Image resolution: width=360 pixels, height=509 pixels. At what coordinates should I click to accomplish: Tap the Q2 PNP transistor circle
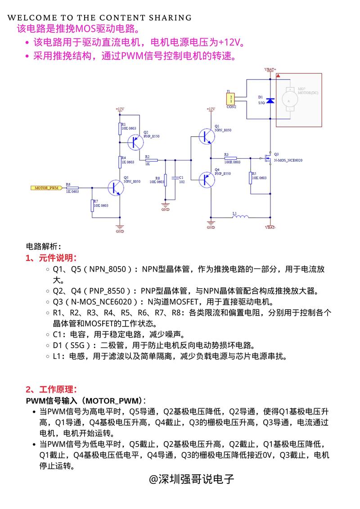coord(135,143)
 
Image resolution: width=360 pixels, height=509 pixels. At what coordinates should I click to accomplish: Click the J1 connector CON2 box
coord(231,98)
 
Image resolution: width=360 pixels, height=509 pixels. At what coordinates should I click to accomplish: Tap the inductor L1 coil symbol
coord(241,219)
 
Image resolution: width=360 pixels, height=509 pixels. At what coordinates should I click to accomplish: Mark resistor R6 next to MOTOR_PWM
coord(72,188)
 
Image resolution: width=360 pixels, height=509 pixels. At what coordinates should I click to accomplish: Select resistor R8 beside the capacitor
coord(165,180)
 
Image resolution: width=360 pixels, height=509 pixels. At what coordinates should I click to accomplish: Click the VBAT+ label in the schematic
coord(270,70)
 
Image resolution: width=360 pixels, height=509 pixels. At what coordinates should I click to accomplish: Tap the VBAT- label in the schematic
coord(270,227)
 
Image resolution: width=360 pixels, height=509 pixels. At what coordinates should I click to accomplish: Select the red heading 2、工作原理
coord(51,389)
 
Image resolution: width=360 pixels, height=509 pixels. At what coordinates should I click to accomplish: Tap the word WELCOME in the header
coord(29,18)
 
